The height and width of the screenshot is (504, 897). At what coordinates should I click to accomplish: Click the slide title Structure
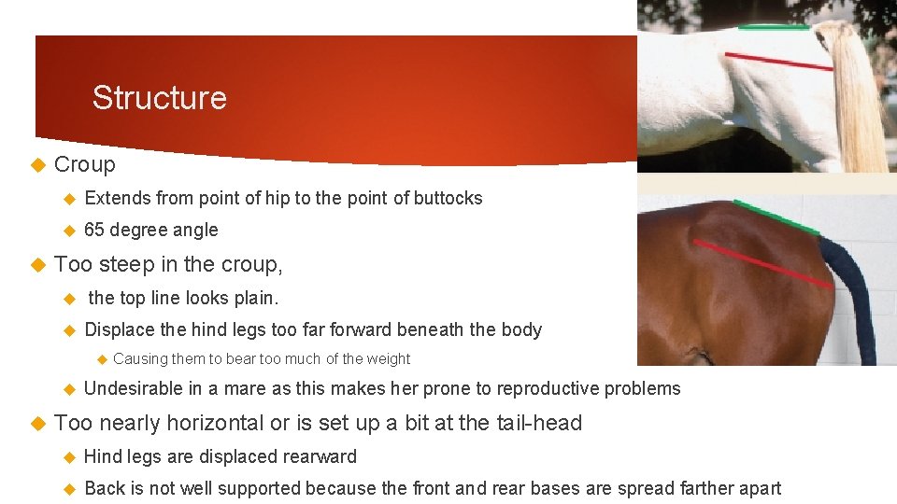[159, 98]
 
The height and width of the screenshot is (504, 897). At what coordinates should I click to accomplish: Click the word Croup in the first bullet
[85, 165]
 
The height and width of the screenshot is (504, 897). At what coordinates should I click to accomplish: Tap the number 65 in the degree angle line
[94, 230]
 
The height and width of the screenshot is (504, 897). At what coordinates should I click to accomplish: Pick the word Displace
[119, 329]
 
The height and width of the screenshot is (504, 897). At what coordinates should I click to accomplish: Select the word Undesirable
[133, 389]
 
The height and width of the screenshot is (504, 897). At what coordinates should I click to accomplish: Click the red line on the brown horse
[762, 263]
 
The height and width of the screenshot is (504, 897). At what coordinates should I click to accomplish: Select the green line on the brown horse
[776, 217]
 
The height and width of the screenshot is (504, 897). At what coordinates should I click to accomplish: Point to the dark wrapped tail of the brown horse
[855, 299]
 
